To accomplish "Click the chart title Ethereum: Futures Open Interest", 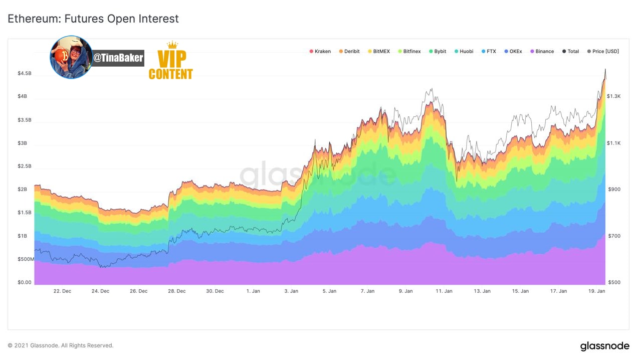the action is click(93, 19).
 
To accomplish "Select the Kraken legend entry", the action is click(320, 51).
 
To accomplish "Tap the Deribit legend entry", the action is click(349, 51).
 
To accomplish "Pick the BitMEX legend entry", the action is click(379, 51).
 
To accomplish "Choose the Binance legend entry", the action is click(542, 51).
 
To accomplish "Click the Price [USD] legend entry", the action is click(603, 51).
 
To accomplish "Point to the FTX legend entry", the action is click(489, 51).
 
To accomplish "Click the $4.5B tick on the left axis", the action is click(25, 73).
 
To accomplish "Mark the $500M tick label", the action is click(26, 259).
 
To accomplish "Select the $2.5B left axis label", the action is click(25, 166).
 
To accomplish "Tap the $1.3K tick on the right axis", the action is click(613, 96).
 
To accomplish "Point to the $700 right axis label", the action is click(614, 236).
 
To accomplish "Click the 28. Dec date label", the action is click(176, 291).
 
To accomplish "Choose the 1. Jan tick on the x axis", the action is click(253, 291).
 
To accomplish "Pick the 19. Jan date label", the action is click(596, 291).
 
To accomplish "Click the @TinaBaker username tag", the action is click(118, 58).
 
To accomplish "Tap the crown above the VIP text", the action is click(172, 45).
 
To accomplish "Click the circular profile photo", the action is click(71, 57).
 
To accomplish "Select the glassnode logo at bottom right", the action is click(604, 346).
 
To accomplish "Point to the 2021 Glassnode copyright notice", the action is click(61, 345).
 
